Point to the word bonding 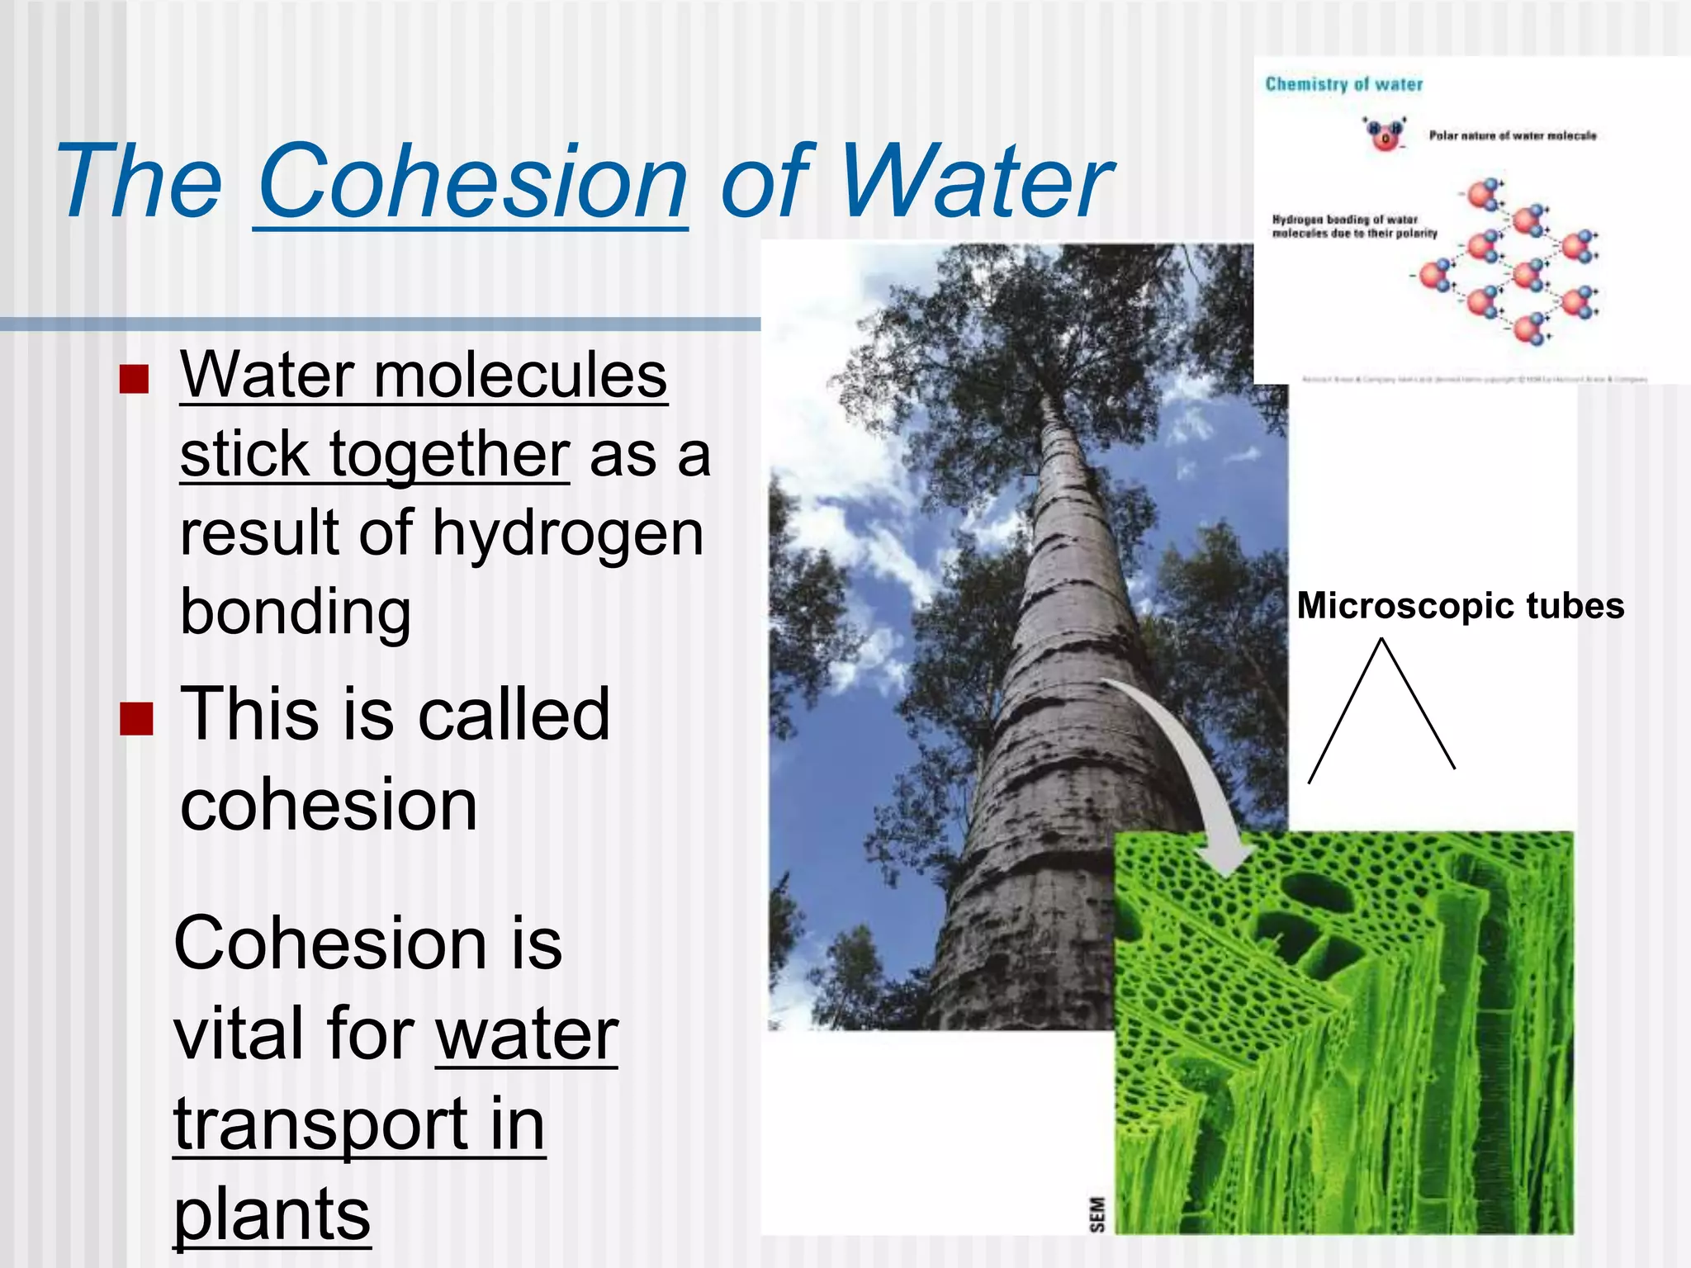[296, 613]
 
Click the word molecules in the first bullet [520, 376]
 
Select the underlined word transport [320, 1124]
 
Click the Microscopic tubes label [1460, 606]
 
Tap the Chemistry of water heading [1343, 84]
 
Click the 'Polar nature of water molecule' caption [1513, 135]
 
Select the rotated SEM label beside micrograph [1097, 1214]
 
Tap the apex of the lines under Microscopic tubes [1382, 640]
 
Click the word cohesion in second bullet [329, 806]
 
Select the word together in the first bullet [449, 455]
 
